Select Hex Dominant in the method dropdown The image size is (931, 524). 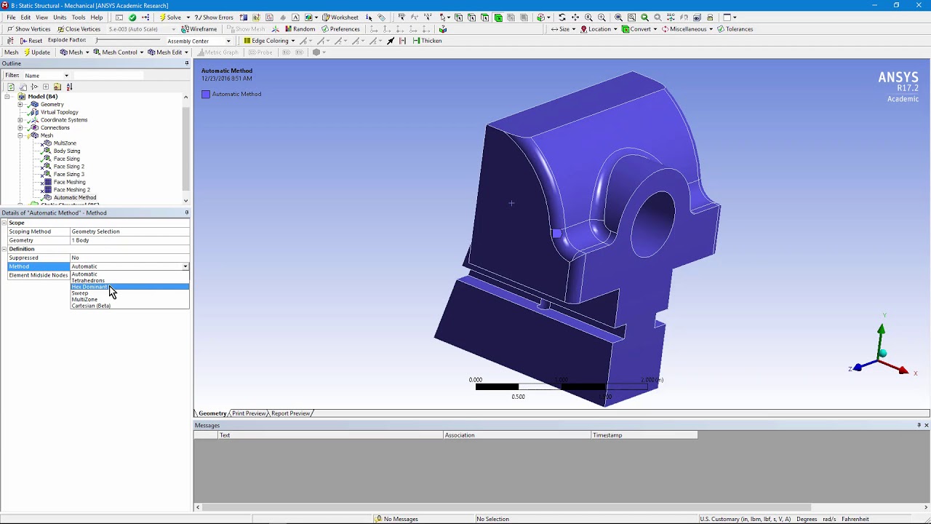(x=89, y=287)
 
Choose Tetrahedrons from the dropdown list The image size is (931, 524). (x=88, y=280)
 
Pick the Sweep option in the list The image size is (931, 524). (x=80, y=293)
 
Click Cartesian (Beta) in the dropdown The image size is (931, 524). (x=91, y=306)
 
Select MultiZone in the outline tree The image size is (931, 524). (x=65, y=143)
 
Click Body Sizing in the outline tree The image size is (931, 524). (x=67, y=151)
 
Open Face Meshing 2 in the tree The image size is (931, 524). (x=71, y=190)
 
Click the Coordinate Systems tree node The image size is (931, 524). (x=64, y=120)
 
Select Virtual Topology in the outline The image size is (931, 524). (x=59, y=112)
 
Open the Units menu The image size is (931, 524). (x=60, y=17)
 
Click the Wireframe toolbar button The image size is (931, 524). (x=199, y=29)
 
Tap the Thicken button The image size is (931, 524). (x=428, y=41)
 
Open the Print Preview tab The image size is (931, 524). (x=249, y=413)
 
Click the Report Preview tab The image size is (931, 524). (x=290, y=413)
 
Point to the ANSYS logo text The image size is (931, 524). (x=898, y=77)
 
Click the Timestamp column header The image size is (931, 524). (x=607, y=435)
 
